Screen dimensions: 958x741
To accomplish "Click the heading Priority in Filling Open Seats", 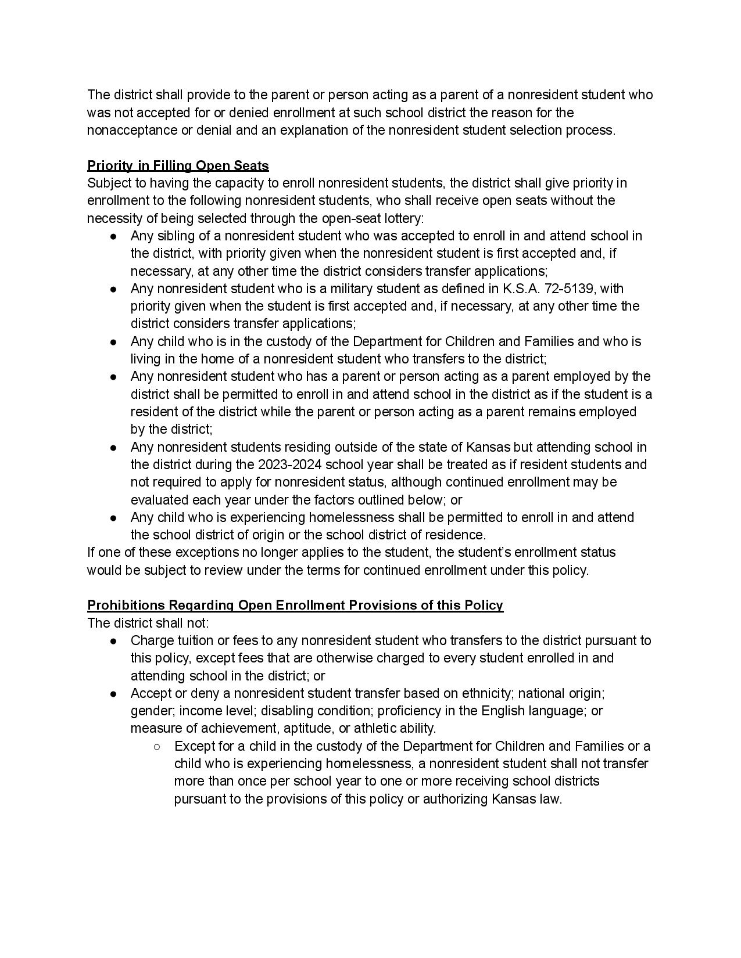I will click(178, 166).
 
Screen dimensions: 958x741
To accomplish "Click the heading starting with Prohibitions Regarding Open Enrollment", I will click(295, 605).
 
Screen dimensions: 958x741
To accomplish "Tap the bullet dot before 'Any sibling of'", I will click(114, 236).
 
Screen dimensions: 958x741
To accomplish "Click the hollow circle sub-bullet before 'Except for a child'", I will click(157, 746).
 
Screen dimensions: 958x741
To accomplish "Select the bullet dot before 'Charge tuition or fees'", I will click(114, 641).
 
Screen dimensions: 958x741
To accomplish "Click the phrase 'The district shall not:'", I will click(148, 623).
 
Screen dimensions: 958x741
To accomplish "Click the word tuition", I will click(192, 640).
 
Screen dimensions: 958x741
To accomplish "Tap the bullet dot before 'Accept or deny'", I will click(114, 694).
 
